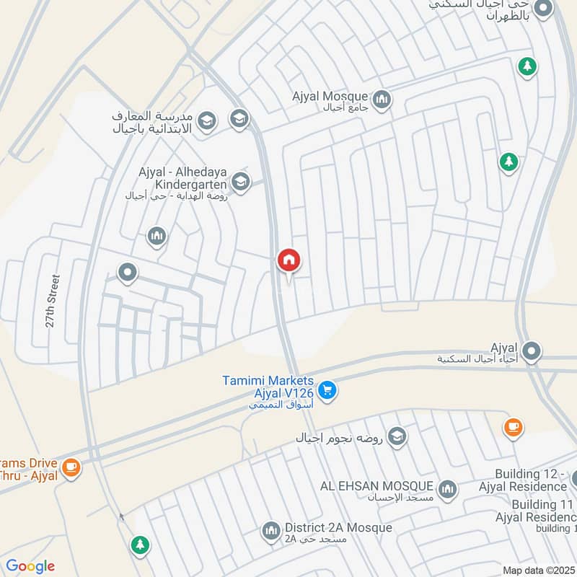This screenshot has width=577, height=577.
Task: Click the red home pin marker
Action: (288, 260)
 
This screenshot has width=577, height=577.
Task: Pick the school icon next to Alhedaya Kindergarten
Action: (241, 180)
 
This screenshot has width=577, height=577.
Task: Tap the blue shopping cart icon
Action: (327, 389)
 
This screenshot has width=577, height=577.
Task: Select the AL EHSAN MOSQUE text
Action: (376, 485)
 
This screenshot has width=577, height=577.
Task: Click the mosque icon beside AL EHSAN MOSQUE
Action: (447, 489)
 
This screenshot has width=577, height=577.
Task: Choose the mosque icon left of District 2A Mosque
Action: (271, 532)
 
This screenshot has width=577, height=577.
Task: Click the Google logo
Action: (30, 566)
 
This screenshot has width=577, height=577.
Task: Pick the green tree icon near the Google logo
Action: (140, 545)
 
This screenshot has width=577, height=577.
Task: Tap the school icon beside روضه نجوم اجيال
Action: (396, 436)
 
